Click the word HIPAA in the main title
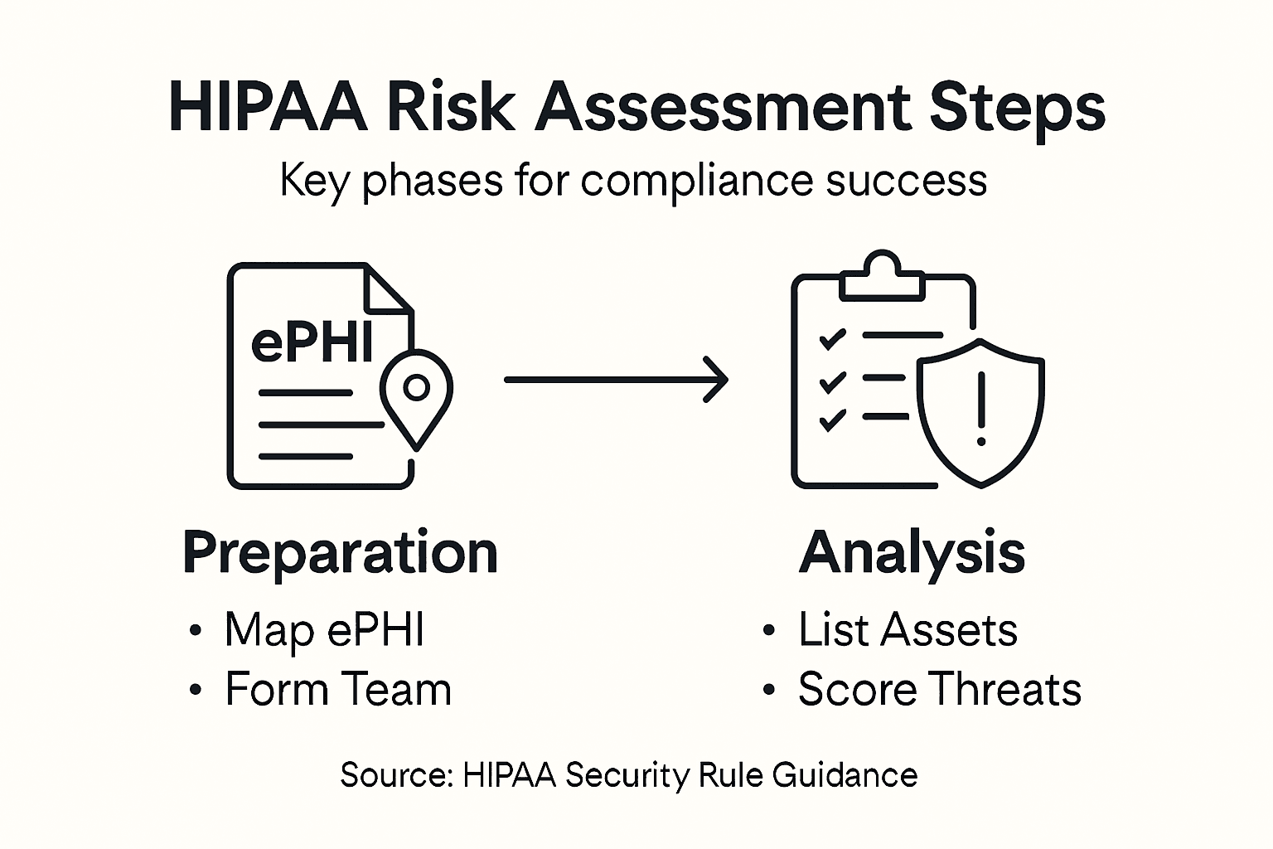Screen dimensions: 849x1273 coord(268,108)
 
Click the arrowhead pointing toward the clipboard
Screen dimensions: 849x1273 coord(714,380)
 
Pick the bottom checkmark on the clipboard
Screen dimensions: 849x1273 coord(831,420)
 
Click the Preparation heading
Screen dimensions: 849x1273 coord(340,552)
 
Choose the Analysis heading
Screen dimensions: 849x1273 coord(912,552)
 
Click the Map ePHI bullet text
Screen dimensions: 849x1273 coord(325,630)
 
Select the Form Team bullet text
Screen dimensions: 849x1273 coord(338,690)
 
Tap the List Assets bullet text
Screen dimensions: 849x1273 coord(908,630)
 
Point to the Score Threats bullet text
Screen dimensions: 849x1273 coord(940,690)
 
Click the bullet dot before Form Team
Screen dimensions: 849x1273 coord(196,690)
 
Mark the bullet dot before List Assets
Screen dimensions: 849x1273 coord(769,631)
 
